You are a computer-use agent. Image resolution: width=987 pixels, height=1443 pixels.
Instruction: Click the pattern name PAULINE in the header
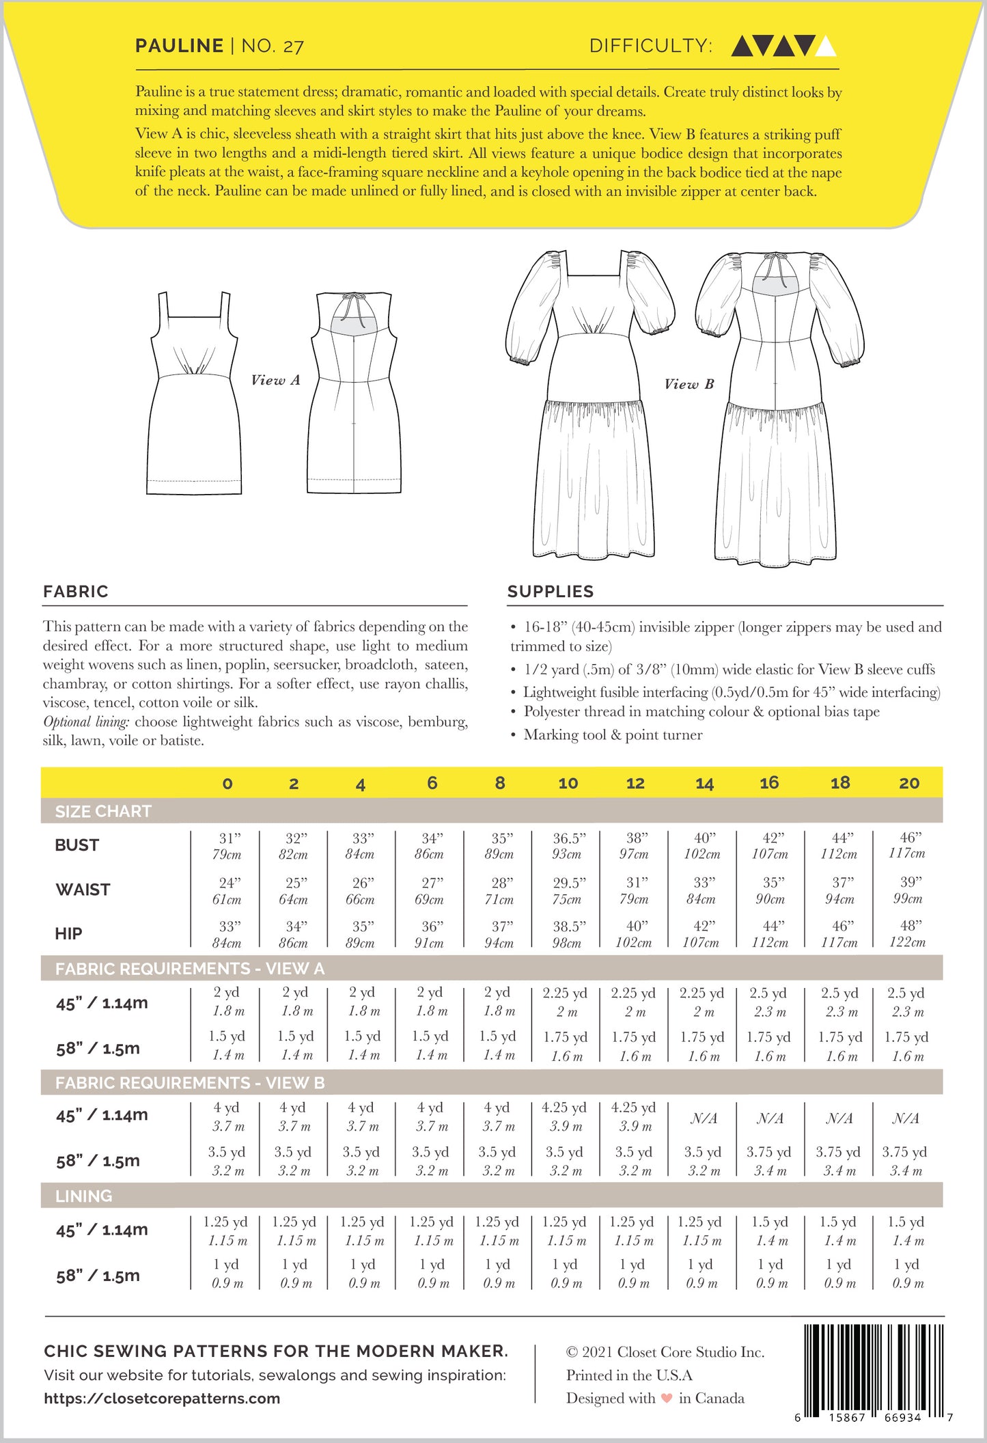pos(179,46)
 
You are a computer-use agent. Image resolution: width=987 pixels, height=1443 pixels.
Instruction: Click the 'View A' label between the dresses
pos(275,380)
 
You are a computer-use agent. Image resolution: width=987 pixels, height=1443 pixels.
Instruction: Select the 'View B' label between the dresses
pos(689,384)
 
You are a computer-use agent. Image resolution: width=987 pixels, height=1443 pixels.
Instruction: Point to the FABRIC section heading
pos(75,591)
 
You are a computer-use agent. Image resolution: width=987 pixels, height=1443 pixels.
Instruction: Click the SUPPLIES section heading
pos(550,591)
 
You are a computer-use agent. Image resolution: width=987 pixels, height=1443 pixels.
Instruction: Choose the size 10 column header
pos(568,783)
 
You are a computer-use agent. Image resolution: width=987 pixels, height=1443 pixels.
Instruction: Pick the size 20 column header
pos(908,783)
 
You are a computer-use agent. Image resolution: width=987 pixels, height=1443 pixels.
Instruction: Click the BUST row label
pos(77,845)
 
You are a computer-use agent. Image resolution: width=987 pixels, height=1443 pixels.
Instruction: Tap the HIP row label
pos(68,933)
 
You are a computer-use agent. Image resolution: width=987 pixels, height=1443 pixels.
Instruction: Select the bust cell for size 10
pos(568,846)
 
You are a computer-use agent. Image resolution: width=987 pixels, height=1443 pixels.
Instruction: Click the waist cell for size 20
pos(908,890)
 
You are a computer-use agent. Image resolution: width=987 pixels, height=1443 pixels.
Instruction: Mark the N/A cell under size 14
pos(704,1118)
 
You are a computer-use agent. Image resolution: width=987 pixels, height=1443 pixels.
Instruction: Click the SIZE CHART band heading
pos(102,811)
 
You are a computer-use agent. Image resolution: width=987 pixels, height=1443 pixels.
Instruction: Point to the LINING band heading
pos(83,1196)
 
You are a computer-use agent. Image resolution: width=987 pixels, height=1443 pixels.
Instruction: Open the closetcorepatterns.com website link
pos(162,1398)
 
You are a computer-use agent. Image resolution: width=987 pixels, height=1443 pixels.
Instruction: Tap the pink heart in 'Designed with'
pos(667,1398)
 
